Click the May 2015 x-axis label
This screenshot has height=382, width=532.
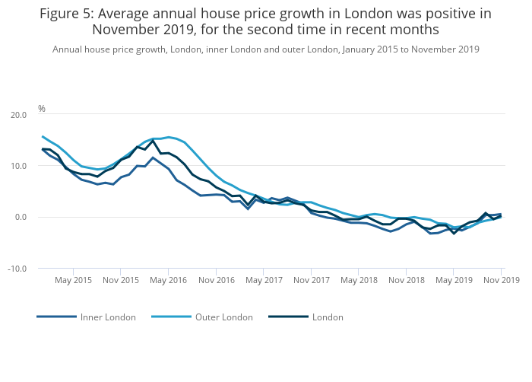(x=73, y=280)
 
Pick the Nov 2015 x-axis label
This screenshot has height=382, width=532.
(x=121, y=280)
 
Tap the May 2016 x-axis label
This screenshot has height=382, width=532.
(x=168, y=280)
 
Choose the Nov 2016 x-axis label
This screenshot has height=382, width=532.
(x=216, y=280)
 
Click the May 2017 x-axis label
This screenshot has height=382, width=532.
(x=263, y=280)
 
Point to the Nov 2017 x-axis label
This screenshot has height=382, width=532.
(x=311, y=280)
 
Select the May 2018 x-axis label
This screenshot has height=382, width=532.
(x=358, y=280)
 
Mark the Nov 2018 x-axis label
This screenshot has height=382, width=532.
(x=406, y=280)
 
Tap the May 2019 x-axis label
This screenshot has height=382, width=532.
(x=453, y=280)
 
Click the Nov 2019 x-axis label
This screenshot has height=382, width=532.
(x=501, y=280)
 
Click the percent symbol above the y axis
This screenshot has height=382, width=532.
(x=42, y=109)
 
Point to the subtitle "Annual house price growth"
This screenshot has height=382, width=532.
(x=102, y=49)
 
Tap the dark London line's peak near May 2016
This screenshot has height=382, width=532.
(x=153, y=141)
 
